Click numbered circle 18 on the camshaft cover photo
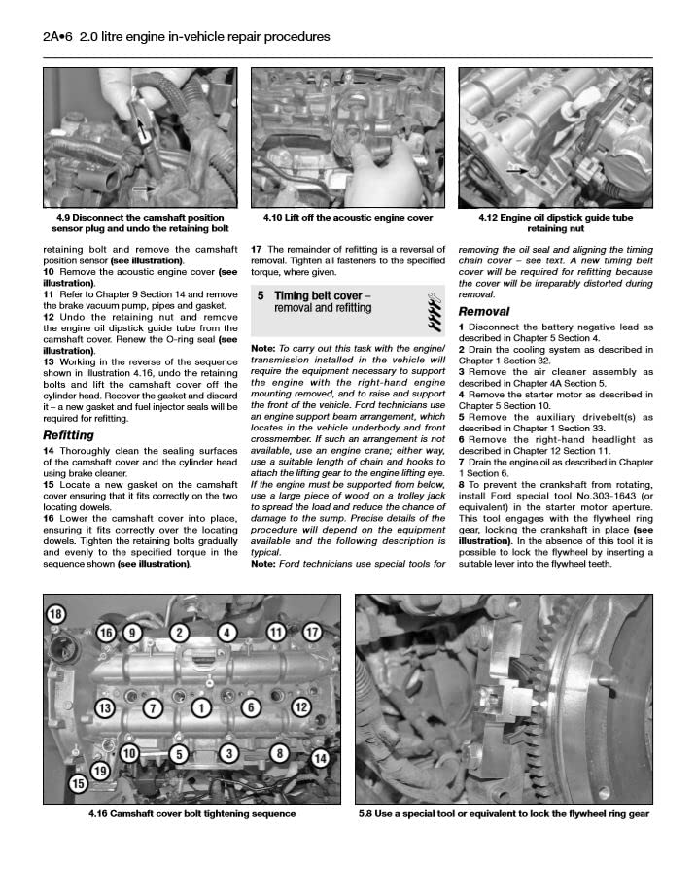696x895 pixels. (55, 613)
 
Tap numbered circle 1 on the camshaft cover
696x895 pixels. (201, 707)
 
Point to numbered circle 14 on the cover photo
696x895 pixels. (321, 758)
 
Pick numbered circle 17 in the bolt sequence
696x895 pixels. (312, 633)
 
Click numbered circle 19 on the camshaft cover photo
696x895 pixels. (98, 772)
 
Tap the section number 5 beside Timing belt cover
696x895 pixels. (261, 295)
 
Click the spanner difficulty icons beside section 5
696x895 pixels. (434, 308)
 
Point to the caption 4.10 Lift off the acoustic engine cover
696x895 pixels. (341, 218)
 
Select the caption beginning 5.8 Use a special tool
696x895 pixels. (504, 814)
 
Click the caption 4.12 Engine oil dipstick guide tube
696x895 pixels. (555, 224)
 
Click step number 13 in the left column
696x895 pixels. (49, 361)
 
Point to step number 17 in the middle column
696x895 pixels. (257, 249)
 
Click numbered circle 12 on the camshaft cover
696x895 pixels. (301, 706)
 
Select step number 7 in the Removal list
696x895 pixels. (462, 464)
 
